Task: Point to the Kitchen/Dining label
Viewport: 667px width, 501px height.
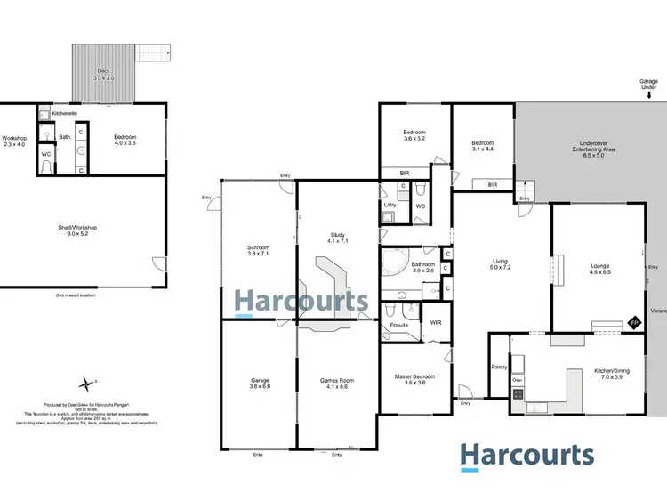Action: pyautogui.click(x=612, y=375)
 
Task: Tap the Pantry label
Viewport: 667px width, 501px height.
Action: pyautogui.click(x=498, y=367)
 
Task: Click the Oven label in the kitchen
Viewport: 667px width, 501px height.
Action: pyautogui.click(x=518, y=380)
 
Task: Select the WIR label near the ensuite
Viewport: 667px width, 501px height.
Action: pyautogui.click(x=436, y=321)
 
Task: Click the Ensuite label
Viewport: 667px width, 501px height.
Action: pyautogui.click(x=398, y=326)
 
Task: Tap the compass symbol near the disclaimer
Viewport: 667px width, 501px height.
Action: pyautogui.click(x=86, y=384)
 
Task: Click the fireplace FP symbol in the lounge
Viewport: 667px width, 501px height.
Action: pyautogui.click(x=634, y=322)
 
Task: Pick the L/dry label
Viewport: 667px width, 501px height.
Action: pyautogui.click(x=390, y=206)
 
